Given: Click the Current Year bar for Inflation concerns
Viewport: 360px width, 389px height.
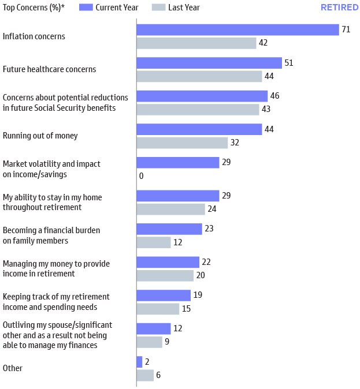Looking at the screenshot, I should (x=237, y=29).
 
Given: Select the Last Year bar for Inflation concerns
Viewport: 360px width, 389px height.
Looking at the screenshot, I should (x=196, y=43).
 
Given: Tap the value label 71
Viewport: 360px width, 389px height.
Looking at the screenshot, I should (x=346, y=29).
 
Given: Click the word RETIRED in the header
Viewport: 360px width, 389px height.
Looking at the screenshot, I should (x=339, y=8).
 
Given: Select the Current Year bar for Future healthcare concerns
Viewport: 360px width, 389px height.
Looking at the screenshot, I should (x=209, y=63).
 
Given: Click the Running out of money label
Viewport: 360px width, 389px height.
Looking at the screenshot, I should (x=40, y=136).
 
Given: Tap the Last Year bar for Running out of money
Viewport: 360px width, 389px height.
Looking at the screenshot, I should (x=182, y=143).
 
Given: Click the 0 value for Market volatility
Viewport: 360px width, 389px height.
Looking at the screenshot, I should (x=141, y=176).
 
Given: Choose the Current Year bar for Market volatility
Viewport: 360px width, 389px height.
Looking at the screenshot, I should (x=177, y=163).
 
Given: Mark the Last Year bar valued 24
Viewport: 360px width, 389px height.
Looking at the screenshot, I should (x=170, y=209).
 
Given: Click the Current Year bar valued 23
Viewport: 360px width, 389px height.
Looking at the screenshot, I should (x=169, y=229).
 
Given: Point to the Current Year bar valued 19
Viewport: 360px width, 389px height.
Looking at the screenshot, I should (x=163, y=296).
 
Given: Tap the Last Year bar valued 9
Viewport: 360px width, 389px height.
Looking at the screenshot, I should (x=149, y=342).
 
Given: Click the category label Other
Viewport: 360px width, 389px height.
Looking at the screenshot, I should (x=13, y=368).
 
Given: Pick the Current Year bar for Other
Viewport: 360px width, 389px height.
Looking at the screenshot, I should (x=139, y=362).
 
